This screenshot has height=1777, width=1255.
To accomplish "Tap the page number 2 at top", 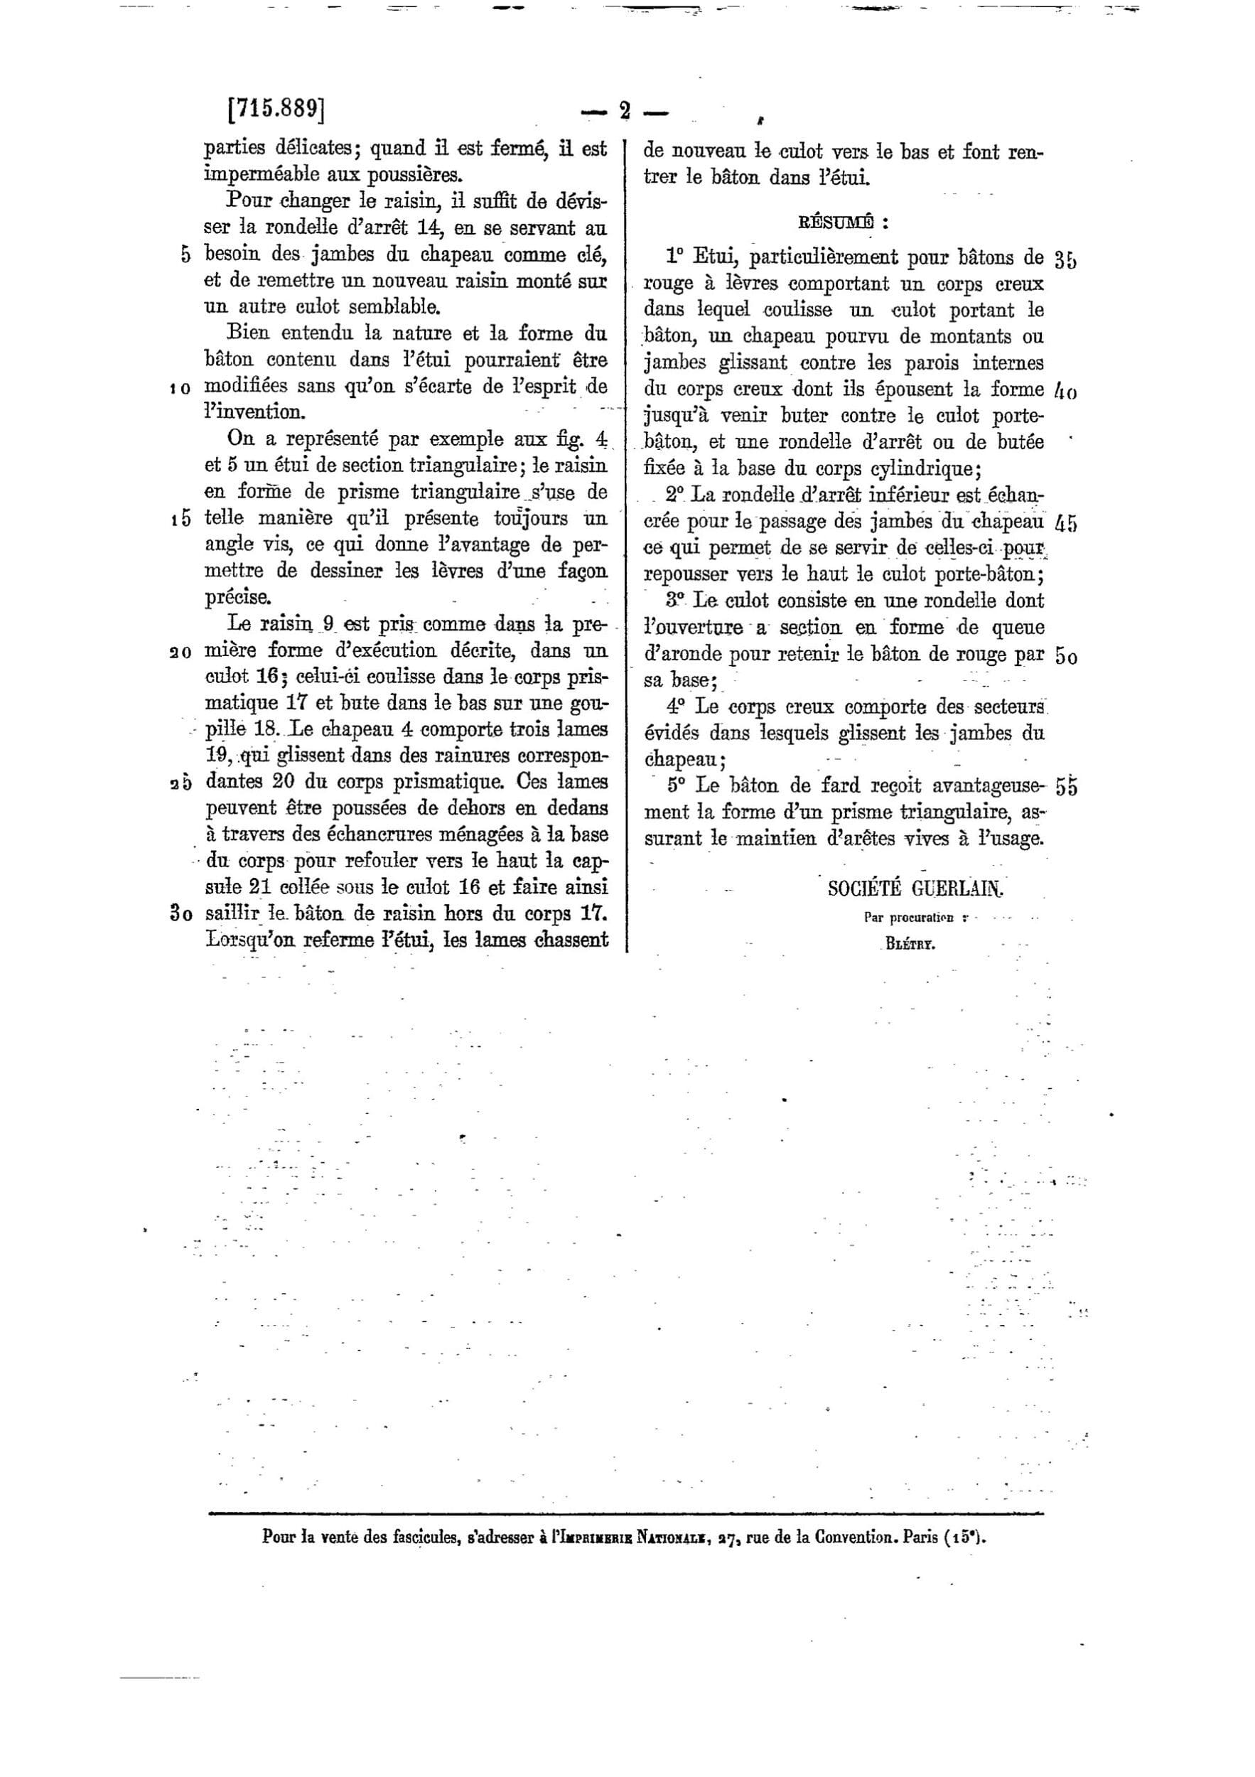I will point(625,112).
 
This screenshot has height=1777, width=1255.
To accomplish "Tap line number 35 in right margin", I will point(1065,259).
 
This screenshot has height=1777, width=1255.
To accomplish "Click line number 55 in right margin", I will point(1065,786).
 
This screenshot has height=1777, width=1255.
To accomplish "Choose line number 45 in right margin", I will point(1065,523).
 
